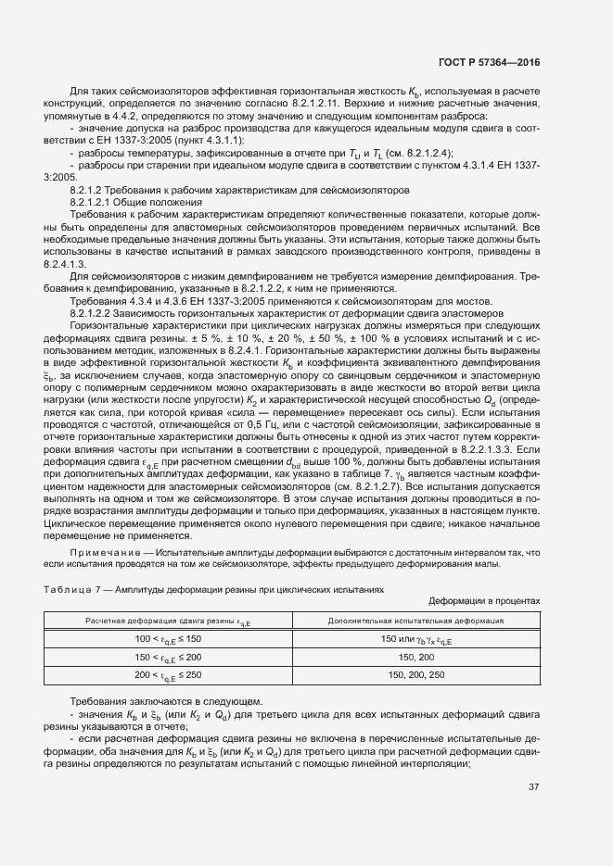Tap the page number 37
pyautogui.click(x=533, y=788)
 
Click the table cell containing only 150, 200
pyautogui.click(x=416, y=657)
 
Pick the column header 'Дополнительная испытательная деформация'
pyautogui.click(x=416, y=621)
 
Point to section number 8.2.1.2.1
pyautogui.click(x=96, y=202)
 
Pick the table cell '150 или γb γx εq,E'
pyautogui.click(x=416, y=639)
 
